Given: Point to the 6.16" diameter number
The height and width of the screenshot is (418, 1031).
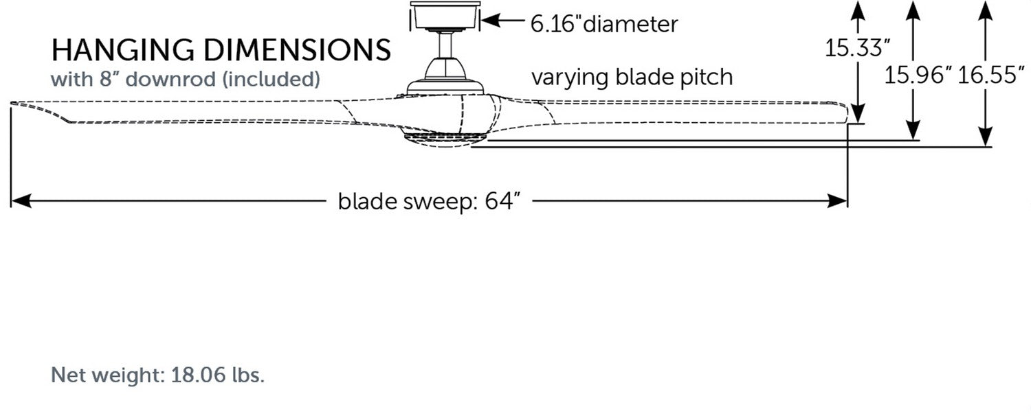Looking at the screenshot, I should coord(555,24).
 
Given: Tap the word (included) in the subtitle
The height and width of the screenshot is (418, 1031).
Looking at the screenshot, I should coord(271,79).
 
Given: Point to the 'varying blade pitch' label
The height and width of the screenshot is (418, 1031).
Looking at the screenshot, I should coord(631,77).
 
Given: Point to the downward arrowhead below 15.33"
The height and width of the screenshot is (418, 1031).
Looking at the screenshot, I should coord(857,113).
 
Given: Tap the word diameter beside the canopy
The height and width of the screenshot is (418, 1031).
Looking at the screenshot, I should coord(630,24).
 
